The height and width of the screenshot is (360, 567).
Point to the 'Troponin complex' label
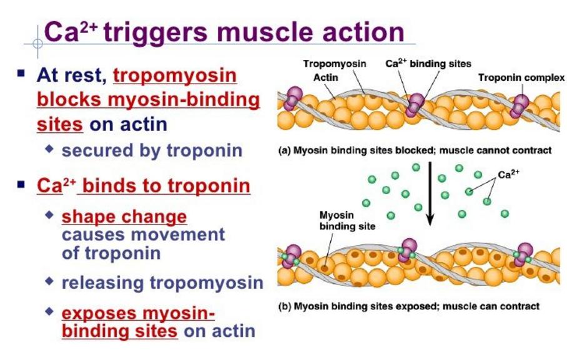pyautogui.click(x=521, y=78)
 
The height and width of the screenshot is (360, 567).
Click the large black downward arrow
pyautogui.click(x=430, y=193)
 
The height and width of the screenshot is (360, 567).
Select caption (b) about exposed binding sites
pyautogui.click(x=408, y=306)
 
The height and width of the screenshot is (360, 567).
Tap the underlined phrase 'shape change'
pyautogui.click(x=124, y=217)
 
